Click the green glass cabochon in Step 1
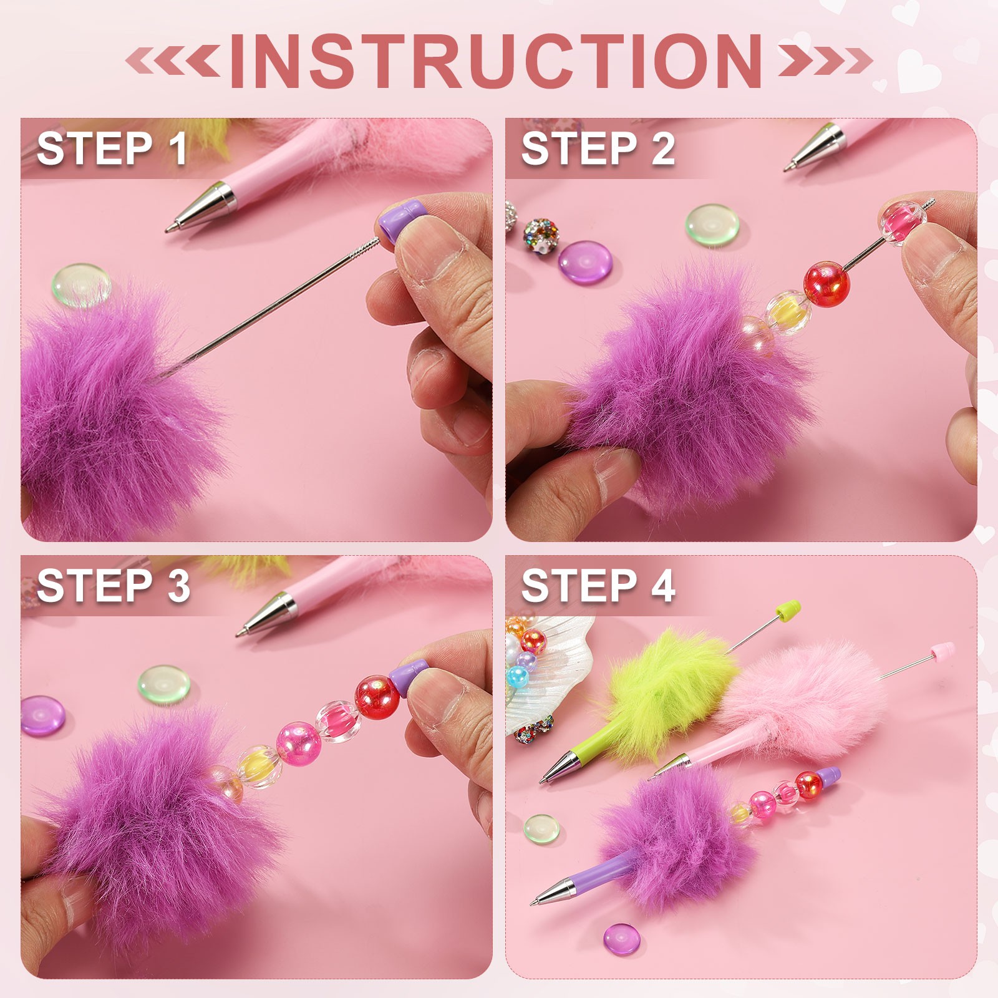pyautogui.click(x=81, y=285)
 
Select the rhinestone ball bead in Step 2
pyautogui.click(x=541, y=236)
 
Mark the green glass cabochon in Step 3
pyautogui.click(x=164, y=684)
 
